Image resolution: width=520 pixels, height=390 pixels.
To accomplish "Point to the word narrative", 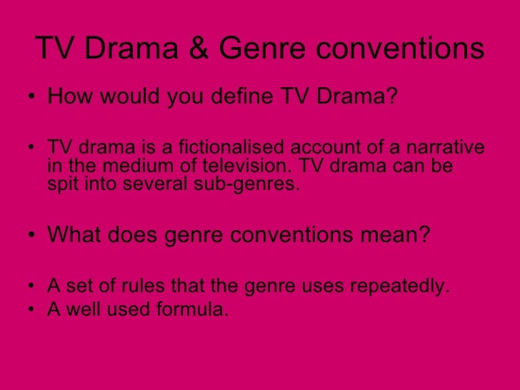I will tap(446, 148).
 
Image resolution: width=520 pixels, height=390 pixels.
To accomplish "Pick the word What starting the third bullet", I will tap(73, 235).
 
